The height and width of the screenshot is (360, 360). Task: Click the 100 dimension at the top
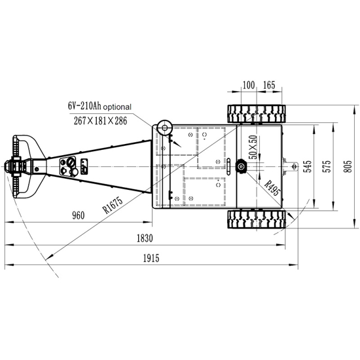(249, 85)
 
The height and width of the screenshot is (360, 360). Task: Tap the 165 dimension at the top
(268, 85)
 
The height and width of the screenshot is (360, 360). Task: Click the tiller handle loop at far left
(22, 166)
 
